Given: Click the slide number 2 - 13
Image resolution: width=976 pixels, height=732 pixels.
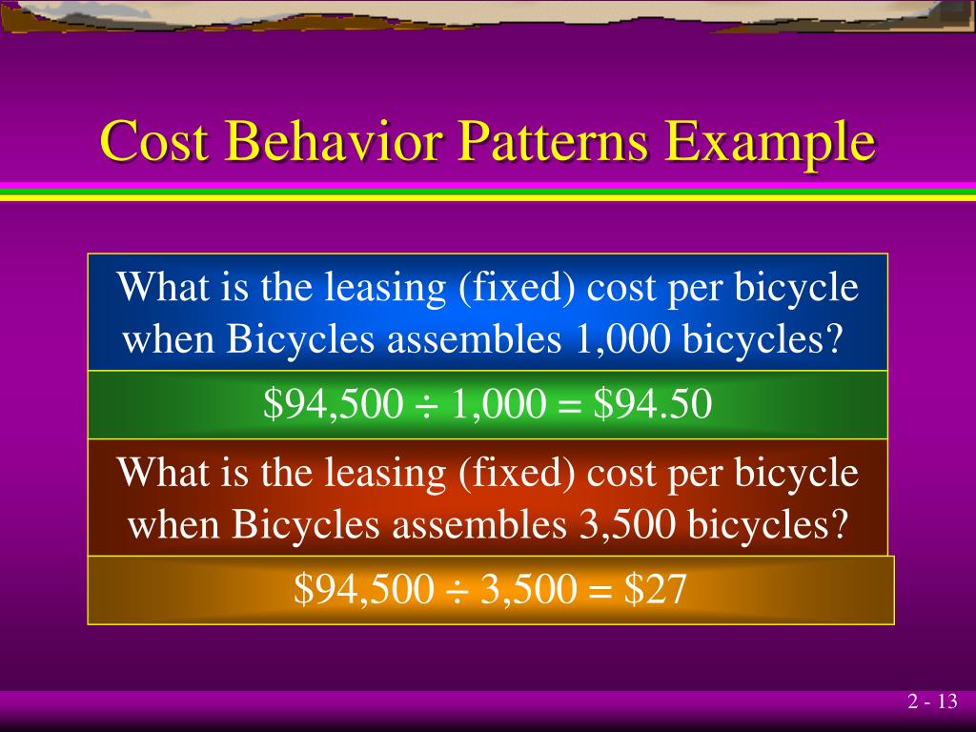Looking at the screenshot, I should pos(931,702).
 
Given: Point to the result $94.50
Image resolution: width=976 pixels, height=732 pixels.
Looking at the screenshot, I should pos(653,406).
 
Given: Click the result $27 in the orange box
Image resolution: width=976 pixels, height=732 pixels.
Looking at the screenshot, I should pos(656,591).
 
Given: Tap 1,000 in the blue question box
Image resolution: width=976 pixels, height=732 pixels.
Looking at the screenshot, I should pos(623,340).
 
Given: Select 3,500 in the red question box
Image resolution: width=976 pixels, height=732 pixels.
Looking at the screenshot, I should pos(624,525).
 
